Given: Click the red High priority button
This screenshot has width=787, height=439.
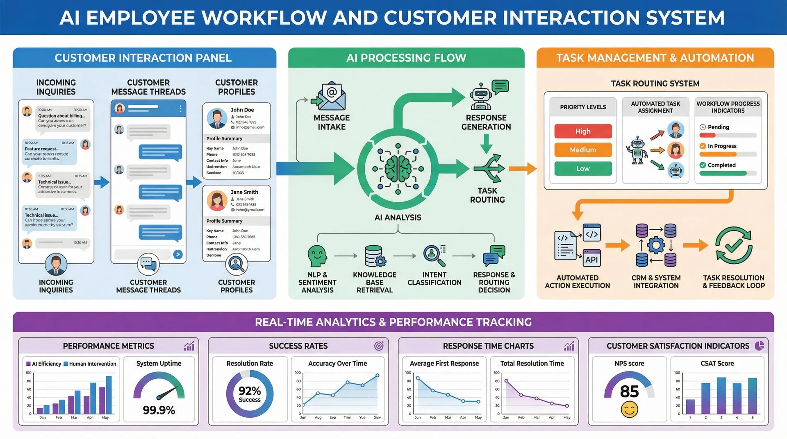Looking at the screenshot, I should tap(582, 131).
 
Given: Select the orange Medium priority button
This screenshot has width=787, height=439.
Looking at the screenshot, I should tap(582, 150).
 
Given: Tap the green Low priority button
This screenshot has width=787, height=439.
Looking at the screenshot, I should tap(582, 168).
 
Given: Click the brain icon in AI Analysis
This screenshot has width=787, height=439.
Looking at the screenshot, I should tap(398, 168).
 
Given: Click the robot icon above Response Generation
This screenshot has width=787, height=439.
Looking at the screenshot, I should tap(481, 97).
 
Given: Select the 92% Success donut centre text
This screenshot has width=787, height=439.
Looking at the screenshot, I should tap(250, 394).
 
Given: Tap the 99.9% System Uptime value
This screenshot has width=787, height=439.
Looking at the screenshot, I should tap(159, 410).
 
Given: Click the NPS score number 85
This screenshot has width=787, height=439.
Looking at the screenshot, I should tap(629, 391).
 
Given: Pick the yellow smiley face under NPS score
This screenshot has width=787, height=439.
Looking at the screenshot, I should tap(629, 410).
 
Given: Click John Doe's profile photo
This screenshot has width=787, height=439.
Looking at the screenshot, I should tap(217, 118).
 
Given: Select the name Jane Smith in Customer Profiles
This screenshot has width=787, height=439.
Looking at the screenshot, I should tap(244, 192).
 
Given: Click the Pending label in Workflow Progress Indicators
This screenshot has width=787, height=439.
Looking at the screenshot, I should tap(718, 127).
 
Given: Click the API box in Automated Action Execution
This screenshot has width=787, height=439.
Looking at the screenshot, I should tap(591, 259).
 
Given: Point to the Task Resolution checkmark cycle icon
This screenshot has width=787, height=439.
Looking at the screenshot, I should tap(733, 245).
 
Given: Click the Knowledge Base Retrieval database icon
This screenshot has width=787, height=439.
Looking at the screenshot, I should tap(374, 256).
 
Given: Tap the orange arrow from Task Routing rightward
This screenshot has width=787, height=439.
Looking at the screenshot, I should tap(522, 168).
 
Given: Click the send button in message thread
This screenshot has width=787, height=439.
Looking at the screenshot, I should tap(177, 254).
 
